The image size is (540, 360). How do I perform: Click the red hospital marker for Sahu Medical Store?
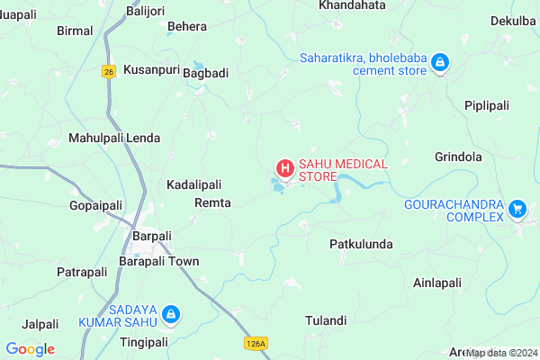284,168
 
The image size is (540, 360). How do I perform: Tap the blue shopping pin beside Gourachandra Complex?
517,209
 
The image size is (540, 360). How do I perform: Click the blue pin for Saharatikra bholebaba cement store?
440,63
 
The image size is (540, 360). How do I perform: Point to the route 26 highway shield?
109,71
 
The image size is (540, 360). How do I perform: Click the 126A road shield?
256,343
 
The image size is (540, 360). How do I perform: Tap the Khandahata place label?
353,5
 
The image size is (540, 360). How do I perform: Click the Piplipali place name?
487,106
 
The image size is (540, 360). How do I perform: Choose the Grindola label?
459,157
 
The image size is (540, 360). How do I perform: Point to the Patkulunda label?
361,244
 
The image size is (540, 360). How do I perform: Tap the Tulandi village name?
326,320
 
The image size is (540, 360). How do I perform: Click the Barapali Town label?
159,261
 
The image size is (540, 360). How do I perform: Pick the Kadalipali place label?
194,184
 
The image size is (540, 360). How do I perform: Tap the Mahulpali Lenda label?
114,139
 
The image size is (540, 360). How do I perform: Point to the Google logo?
30,349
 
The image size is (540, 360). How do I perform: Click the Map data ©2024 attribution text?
501,353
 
